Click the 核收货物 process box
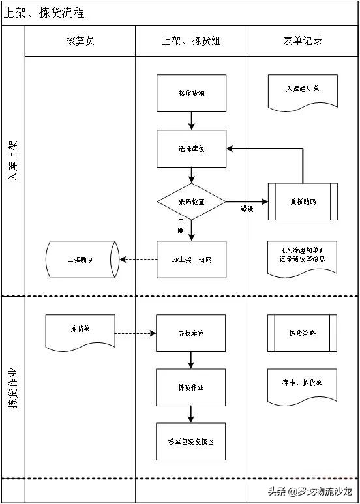tap(191, 93)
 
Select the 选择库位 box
tap(191, 149)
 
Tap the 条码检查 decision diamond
tap(191, 202)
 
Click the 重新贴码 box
tap(303, 202)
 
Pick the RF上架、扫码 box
tap(191, 259)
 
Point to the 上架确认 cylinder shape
tap(81, 259)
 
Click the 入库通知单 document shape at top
tap(303, 90)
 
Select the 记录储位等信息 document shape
tap(303, 255)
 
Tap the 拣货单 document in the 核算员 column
tap(80, 331)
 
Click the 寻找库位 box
tap(191, 333)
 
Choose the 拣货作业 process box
tap(191, 387)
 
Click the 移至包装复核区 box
tap(191, 441)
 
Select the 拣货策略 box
tap(303, 333)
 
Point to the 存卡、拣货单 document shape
tap(303, 384)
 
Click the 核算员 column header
tap(80, 41)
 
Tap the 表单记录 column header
tap(303, 41)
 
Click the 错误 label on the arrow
tap(247, 209)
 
